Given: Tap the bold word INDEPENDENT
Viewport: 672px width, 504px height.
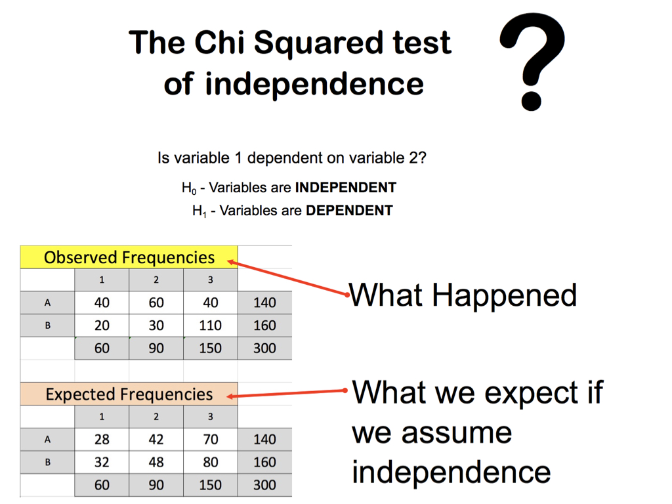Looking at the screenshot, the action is tap(345, 187).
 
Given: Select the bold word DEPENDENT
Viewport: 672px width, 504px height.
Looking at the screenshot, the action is tap(349, 211).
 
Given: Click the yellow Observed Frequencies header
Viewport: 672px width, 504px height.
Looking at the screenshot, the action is tap(129, 257).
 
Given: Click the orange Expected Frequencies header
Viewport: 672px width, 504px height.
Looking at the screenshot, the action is tap(129, 394).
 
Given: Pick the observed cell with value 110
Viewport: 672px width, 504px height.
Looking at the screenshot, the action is tap(211, 325).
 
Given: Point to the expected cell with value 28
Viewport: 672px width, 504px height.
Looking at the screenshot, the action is tap(102, 439).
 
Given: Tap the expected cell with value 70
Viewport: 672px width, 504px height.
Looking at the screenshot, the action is tap(211, 439).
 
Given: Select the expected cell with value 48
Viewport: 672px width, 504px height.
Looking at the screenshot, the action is tap(156, 462).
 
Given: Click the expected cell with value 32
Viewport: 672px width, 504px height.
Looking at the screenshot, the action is tap(102, 462).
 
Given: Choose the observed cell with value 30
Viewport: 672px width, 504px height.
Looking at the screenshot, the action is tap(156, 325).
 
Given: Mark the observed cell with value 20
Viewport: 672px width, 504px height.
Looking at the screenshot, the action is tap(102, 325).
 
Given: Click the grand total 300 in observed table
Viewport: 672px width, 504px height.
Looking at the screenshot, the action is tap(265, 348).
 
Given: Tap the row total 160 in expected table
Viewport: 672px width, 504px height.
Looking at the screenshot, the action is tap(265, 462).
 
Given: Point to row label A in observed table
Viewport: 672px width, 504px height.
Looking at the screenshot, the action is tap(47, 303).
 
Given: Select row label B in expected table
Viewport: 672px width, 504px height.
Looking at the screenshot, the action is tap(47, 462).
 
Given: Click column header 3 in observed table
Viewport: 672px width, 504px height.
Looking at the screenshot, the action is tap(211, 280).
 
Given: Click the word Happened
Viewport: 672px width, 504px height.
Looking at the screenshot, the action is tap(505, 296).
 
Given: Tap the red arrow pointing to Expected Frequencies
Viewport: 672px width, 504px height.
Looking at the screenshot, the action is tap(287, 394).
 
